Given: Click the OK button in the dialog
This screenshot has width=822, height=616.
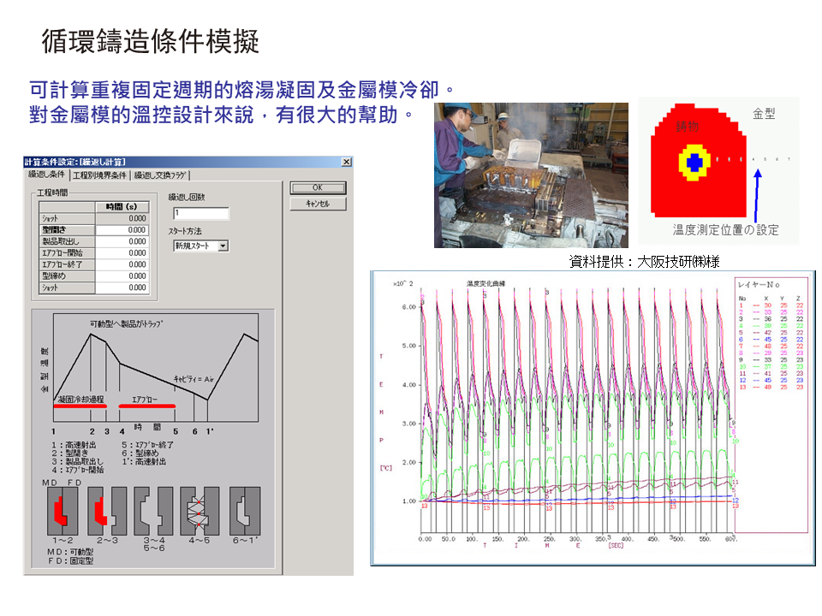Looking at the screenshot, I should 318,188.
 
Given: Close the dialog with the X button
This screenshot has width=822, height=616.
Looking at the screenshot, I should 346,162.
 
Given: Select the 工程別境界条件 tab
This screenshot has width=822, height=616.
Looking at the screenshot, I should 99,175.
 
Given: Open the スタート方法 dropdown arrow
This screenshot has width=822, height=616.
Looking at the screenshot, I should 223,246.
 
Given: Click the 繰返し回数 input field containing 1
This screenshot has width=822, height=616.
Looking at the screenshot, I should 200,213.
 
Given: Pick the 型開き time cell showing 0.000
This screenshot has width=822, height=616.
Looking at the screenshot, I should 122,229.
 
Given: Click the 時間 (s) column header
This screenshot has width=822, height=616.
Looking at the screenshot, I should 122,206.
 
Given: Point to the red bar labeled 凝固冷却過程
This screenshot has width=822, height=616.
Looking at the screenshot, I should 80,406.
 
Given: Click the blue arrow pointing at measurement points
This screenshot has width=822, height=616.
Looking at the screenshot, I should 757,193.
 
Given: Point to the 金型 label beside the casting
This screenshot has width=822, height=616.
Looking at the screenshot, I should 764,113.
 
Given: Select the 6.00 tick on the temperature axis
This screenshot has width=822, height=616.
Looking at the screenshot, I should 408,306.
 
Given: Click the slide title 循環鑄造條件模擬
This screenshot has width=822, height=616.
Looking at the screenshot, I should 150,42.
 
